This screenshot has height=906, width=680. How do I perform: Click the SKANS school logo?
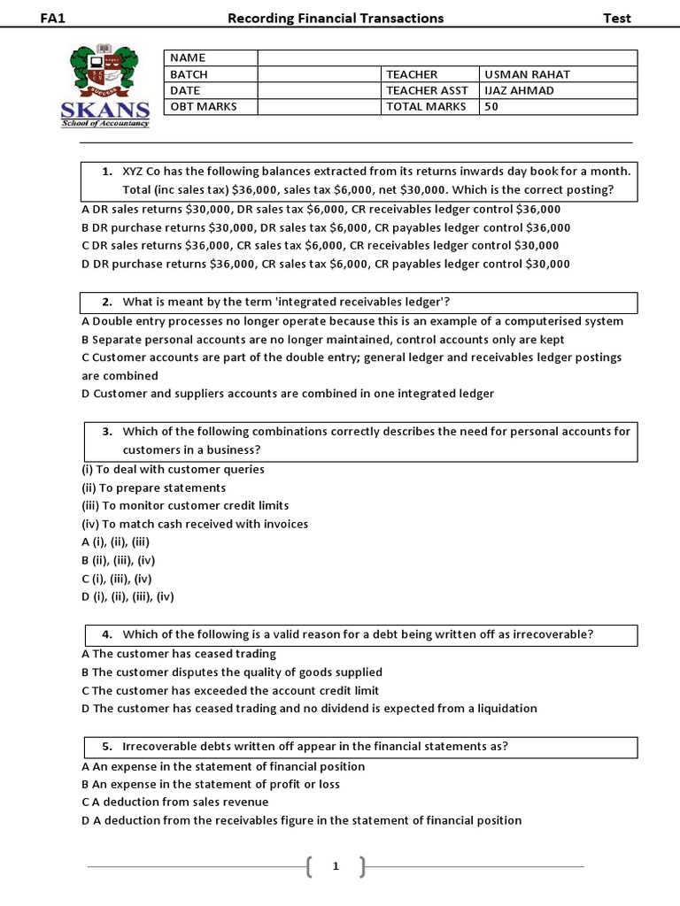click(105, 87)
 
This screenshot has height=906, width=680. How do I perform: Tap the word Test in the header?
click(616, 18)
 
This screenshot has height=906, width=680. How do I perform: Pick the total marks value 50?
click(491, 107)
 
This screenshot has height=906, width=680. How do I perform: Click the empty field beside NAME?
click(447, 58)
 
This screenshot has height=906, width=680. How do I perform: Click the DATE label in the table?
click(186, 90)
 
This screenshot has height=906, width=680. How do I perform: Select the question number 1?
click(107, 171)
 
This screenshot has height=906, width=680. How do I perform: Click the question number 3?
click(107, 432)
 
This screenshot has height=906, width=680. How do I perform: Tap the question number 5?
click(107, 746)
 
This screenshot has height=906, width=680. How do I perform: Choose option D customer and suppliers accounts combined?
click(288, 394)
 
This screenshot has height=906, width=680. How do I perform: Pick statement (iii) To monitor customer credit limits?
click(185, 505)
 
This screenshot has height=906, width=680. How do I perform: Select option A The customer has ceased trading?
click(179, 654)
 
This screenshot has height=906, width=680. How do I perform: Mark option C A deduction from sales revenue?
click(175, 802)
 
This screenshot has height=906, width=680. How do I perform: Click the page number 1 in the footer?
click(336, 867)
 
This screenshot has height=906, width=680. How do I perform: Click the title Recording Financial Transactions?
click(336, 18)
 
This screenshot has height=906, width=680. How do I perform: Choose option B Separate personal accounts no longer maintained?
click(322, 340)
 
